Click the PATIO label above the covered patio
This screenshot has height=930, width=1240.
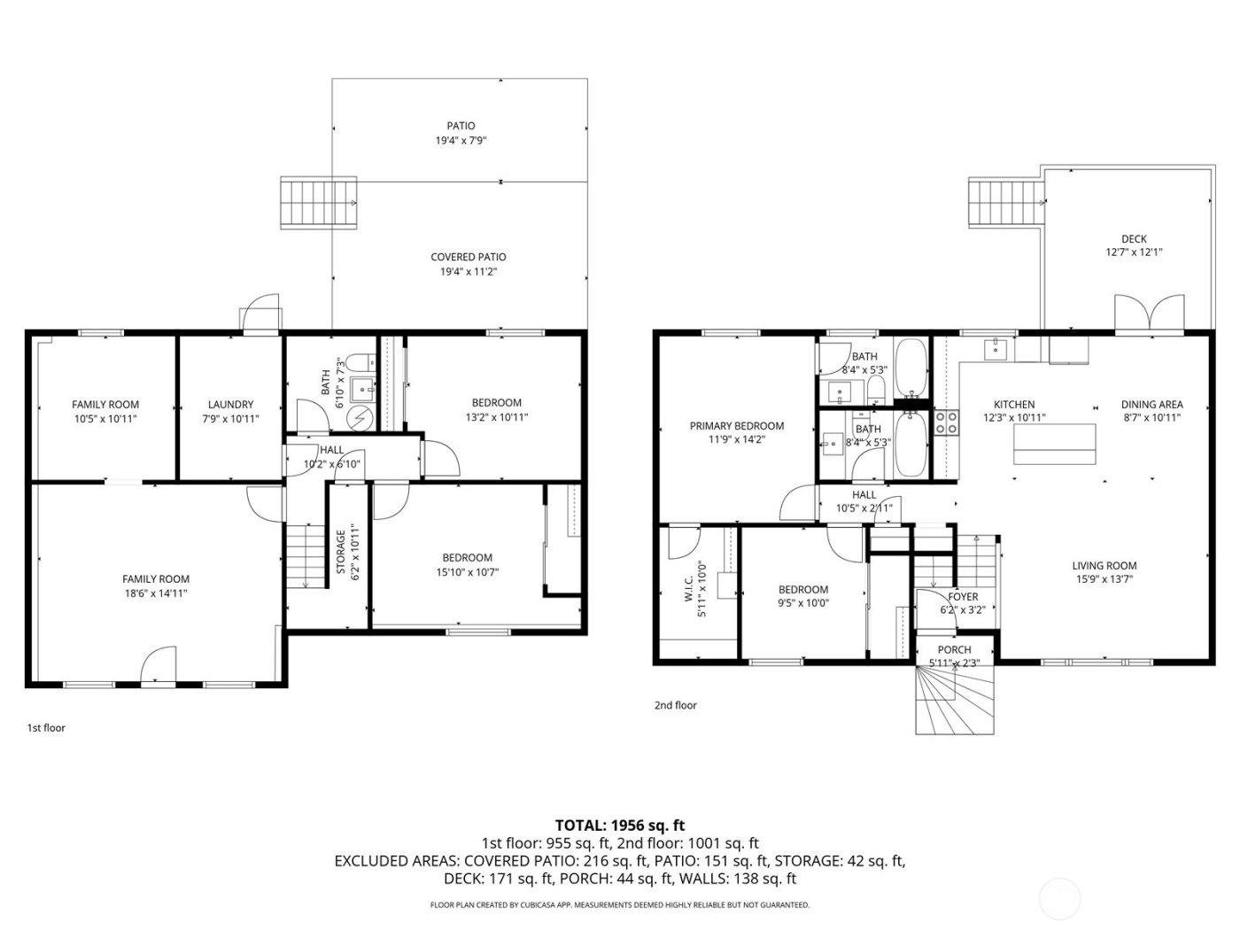point(461,126)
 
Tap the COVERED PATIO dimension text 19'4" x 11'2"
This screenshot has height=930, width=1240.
point(468,272)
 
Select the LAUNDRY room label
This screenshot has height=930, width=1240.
point(230,405)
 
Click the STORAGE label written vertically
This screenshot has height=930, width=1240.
point(341,552)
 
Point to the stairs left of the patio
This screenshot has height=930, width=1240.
point(319,203)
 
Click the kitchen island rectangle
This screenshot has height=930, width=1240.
point(1054,445)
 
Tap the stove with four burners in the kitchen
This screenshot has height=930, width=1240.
point(947,422)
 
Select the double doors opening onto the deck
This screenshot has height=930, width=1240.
point(1148,314)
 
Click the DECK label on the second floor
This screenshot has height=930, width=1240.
point(1134,238)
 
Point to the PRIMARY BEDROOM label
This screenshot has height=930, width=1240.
point(736,426)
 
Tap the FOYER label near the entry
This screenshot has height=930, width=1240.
point(963,597)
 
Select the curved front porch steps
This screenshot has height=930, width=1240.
point(955,700)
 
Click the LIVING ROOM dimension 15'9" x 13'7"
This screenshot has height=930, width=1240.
point(1104,580)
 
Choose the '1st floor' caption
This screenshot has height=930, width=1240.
point(46,728)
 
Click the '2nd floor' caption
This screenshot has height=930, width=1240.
point(676,706)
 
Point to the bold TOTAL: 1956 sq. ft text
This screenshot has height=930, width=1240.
point(619,825)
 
